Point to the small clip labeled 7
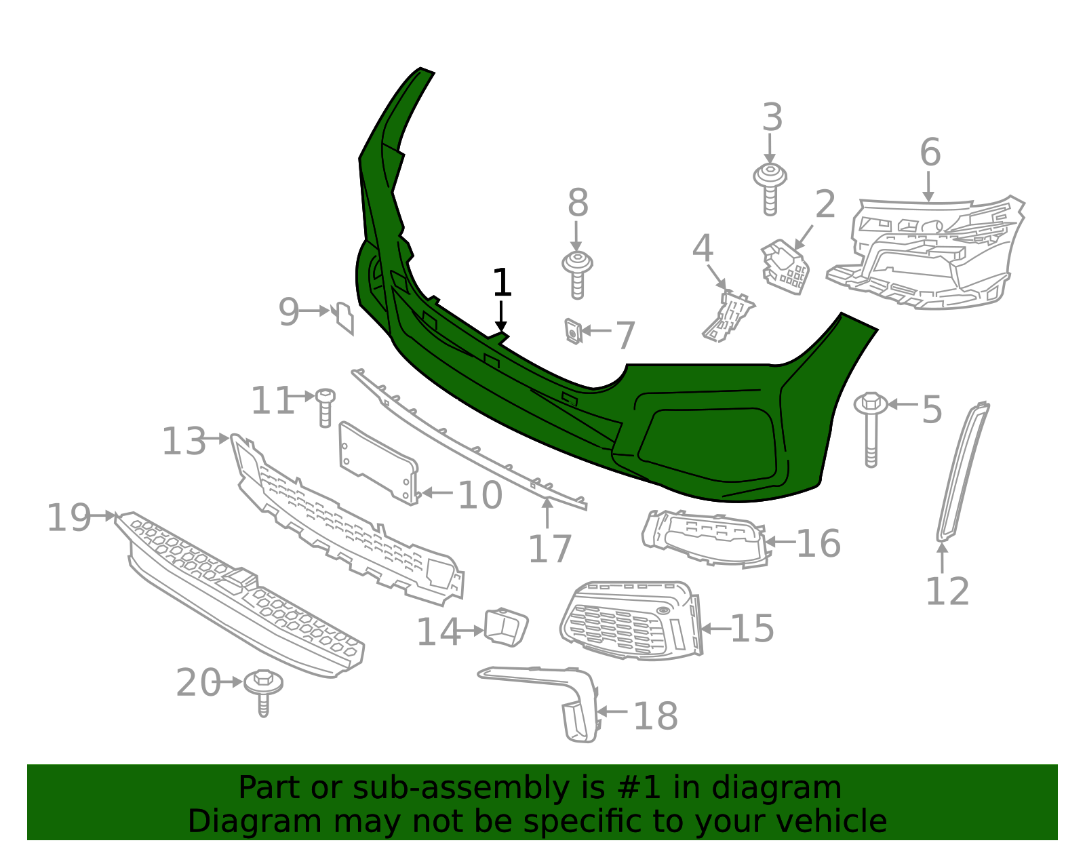tap(574, 331)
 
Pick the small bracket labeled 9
tap(345, 318)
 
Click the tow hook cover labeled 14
tap(505, 626)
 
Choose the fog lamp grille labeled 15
tap(627, 621)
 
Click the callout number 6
tap(930, 152)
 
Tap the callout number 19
tap(68, 518)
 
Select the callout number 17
tap(550, 549)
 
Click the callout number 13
tap(184, 441)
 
